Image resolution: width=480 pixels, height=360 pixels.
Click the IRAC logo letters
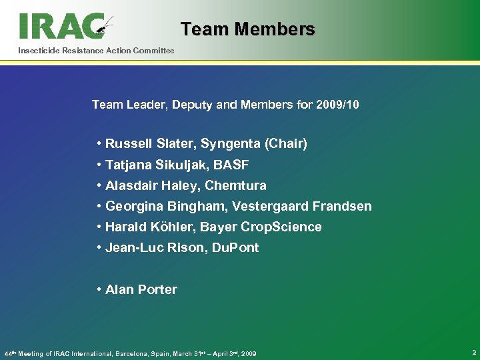(x=60, y=26)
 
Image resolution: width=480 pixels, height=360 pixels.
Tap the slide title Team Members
(x=247, y=29)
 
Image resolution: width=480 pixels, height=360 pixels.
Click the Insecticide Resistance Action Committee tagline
(x=96, y=51)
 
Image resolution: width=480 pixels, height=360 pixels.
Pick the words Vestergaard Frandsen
(x=302, y=206)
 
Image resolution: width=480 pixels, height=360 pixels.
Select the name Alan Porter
(x=141, y=289)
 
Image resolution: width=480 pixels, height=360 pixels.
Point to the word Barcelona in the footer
(x=136, y=353)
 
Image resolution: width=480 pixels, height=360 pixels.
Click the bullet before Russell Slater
(x=99, y=143)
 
